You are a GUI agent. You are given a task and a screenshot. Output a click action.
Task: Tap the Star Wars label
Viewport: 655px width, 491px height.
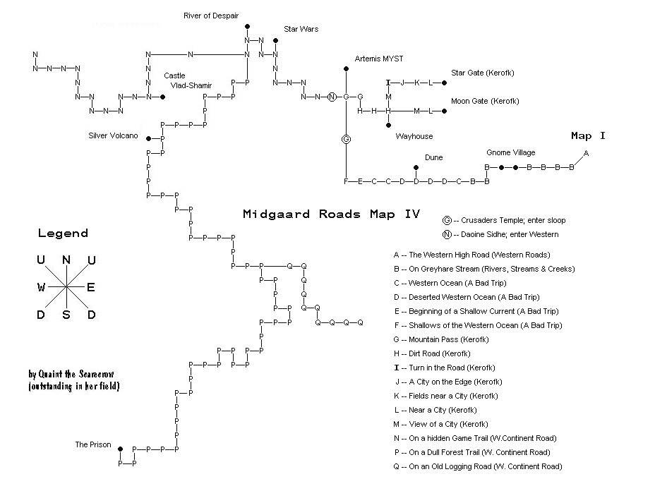(x=301, y=29)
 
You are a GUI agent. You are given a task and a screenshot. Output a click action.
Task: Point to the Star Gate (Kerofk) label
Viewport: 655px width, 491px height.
(x=483, y=73)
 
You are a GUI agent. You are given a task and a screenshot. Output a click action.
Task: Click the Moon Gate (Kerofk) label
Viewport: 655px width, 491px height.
(x=485, y=101)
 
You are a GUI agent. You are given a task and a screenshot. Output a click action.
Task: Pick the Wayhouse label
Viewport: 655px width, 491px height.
(x=414, y=136)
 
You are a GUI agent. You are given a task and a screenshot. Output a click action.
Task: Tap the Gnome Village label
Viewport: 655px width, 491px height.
(x=510, y=152)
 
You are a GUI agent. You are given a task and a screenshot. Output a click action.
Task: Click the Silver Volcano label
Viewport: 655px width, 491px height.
(x=113, y=135)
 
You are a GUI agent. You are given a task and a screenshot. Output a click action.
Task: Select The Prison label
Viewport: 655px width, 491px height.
(x=93, y=445)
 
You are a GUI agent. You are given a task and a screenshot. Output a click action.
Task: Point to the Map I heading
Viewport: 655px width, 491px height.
(x=588, y=135)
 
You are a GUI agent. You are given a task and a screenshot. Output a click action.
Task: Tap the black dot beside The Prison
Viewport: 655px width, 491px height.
(x=120, y=449)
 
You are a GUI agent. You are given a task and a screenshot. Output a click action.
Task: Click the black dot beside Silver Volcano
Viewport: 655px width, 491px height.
(x=148, y=139)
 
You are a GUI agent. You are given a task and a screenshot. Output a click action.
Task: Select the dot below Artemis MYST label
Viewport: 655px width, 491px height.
(x=346, y=69)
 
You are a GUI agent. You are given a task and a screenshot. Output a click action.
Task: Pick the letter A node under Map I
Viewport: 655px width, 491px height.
(x=586, y=153)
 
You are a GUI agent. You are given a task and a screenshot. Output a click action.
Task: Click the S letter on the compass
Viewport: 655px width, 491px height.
(x=66, y=315)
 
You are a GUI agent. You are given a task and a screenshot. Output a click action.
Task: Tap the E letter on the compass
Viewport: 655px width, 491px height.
(x=90, y=287)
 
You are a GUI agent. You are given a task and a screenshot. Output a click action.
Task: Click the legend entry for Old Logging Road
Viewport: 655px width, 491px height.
(x=478, y=466)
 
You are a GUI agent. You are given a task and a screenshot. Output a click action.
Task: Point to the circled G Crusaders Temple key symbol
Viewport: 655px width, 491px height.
(x=447, y=220)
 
